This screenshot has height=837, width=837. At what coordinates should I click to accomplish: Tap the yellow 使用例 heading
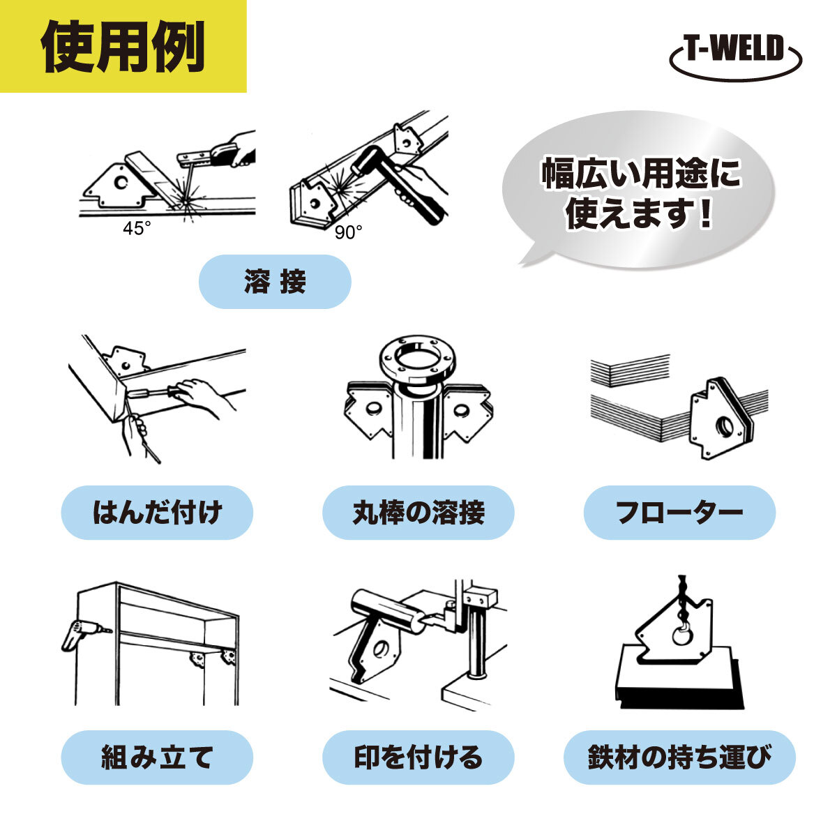point(123,46)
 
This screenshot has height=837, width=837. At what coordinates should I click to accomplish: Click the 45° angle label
point(137,228)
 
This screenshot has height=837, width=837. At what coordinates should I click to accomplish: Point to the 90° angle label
point(348,232)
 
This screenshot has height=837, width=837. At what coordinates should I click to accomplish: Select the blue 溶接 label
point(275,282)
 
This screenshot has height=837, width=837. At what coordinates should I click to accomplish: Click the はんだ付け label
point(157,513)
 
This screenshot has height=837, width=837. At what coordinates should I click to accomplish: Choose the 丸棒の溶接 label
point(418,513)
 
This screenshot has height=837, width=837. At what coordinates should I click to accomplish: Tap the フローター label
point(679,513)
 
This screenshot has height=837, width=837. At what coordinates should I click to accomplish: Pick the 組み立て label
point(157,757)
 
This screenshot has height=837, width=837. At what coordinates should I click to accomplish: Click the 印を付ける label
point(418,757)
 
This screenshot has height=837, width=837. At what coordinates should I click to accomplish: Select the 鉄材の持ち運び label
point(679,757)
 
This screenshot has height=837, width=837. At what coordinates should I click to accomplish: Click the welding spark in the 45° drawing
point(185,202)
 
